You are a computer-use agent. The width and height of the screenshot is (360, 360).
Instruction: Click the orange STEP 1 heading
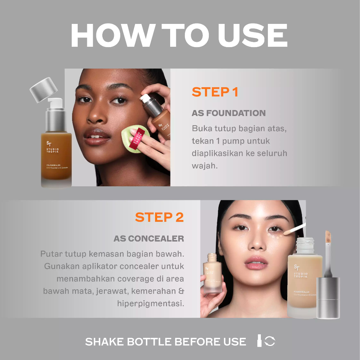click(215, 92)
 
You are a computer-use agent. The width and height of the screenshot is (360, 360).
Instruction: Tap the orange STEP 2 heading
click(159, 217)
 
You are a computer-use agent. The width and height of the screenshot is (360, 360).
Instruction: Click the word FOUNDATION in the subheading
click(236, 113)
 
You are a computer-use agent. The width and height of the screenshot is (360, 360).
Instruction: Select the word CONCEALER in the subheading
click(156, 239)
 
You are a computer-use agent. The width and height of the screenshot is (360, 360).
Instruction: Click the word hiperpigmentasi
click(150, 303)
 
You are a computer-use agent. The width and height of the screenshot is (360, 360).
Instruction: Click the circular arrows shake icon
click(270, 341)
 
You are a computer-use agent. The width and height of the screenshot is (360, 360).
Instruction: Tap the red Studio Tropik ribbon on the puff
click(137, 139)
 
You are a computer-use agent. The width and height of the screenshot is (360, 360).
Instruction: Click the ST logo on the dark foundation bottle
click(49, 144)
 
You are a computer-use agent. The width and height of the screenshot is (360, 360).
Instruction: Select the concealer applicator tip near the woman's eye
click(288, 232)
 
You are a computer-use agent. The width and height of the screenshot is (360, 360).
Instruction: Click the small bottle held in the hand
click(212, 273)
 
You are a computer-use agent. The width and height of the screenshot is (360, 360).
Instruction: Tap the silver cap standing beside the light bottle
click(328, 298)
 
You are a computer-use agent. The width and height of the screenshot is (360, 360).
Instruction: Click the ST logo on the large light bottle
click(297, 267)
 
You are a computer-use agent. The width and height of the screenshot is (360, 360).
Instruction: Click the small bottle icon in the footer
click(259, 341)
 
